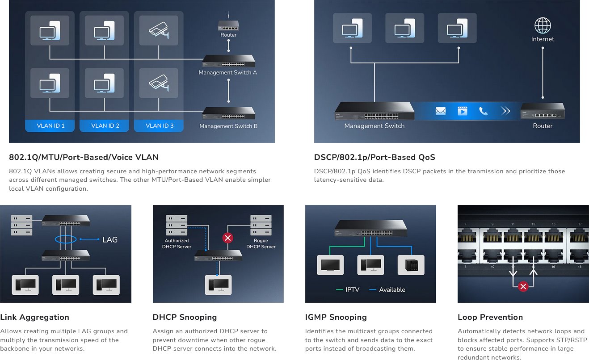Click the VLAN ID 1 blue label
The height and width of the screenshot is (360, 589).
(50, 126)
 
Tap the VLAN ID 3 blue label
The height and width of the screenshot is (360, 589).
(160, 126)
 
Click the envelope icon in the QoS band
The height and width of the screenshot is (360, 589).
(441, 111)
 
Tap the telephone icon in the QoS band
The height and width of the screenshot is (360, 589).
(483, 111)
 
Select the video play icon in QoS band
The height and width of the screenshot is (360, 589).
(462, 111)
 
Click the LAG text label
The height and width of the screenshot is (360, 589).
(110, 240)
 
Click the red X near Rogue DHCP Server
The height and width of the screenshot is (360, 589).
(228, 238)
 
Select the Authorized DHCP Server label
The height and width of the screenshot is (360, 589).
(177, 243)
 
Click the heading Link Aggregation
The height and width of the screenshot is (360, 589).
(34, 317)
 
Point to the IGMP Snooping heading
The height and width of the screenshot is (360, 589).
(336, 317)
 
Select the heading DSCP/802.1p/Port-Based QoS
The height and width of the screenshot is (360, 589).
(374, 157)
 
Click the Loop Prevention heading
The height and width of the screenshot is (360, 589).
(490, 317)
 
